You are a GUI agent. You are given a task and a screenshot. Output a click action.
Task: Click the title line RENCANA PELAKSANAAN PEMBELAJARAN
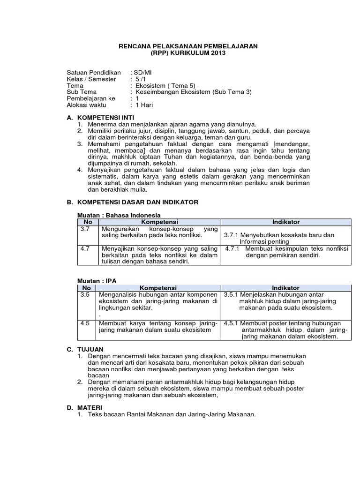click(x=187, y=46)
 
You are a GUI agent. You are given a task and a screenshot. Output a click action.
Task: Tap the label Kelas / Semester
click(x=91, y=79)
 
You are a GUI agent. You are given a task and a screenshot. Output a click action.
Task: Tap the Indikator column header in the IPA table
click(x=285, y=287)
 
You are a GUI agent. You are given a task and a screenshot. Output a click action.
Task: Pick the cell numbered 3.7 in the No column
click(x=85, y=229)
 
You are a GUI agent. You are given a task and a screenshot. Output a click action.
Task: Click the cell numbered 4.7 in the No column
click(x=85, y=248)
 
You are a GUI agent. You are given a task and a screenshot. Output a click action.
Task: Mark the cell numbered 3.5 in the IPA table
click(x=85, y=294)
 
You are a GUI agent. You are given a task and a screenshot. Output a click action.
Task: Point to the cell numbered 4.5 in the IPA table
click(x=85, y=323)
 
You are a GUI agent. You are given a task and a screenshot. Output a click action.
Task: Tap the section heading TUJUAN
click(x=92, y=349)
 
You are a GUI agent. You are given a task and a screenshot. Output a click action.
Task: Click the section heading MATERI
click(x=91, y=408)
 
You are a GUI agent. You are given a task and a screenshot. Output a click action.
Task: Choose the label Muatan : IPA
click(x=97, y=280)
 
